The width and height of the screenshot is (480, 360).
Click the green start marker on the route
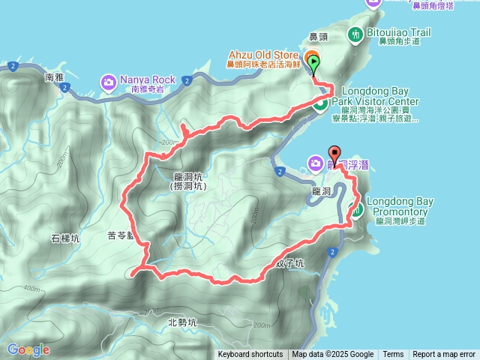(313, 64)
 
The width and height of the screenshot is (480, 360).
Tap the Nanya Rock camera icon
(109, 80)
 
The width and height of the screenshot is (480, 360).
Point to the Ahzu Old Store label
(264, 55)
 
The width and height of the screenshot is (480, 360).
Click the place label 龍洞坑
(187, 177)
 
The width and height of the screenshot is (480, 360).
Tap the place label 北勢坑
(181, 322)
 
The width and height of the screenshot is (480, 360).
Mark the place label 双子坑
(290, 263)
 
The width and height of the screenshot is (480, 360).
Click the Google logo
(28, 349)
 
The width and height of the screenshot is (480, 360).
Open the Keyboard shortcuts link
(250, 355)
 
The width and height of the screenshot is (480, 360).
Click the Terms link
(393, 355)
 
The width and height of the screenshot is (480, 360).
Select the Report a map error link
(444, 355)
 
